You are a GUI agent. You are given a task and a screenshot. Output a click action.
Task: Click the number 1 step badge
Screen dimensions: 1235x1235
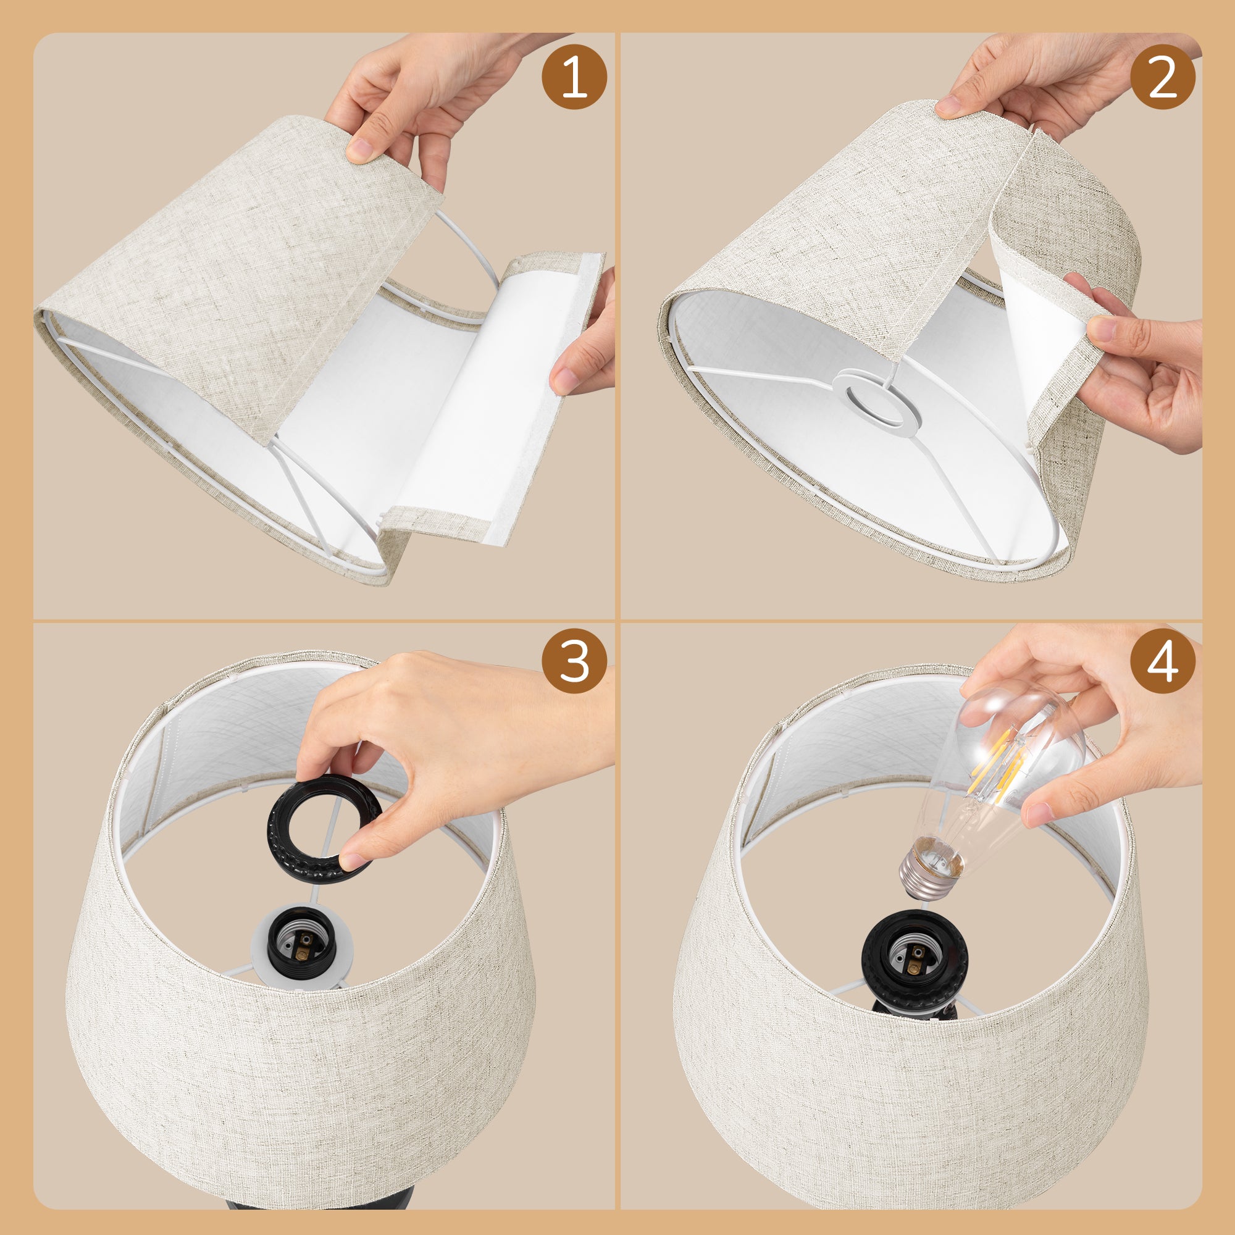pos(574,77)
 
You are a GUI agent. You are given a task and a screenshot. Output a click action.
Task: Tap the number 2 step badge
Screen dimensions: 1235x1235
pos(1162,77)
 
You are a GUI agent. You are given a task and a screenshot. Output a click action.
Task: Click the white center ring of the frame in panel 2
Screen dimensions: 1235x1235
pos(876,400)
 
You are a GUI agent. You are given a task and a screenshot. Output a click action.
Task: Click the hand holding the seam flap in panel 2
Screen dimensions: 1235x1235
pos(1144,371)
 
